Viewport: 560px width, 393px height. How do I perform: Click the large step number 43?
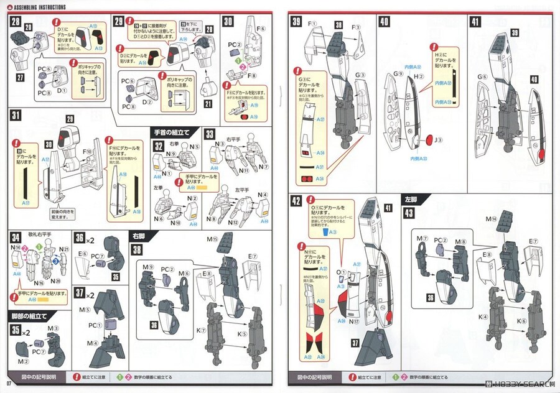(x=408, y=213)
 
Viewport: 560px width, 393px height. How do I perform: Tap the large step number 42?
(x=296, y=201)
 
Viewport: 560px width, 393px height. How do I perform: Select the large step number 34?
(x=16, y=237)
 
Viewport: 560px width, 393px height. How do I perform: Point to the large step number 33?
(x=210, y=134)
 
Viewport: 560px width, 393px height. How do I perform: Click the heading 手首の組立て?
(x=175, y=132)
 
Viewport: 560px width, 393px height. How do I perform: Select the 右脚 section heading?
(x=138, y=236)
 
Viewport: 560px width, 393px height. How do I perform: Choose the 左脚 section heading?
(x=411, y=200)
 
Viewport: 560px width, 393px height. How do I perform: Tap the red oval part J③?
(x=429, y=137)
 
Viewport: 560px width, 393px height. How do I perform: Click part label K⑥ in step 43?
(x=522, y=321)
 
